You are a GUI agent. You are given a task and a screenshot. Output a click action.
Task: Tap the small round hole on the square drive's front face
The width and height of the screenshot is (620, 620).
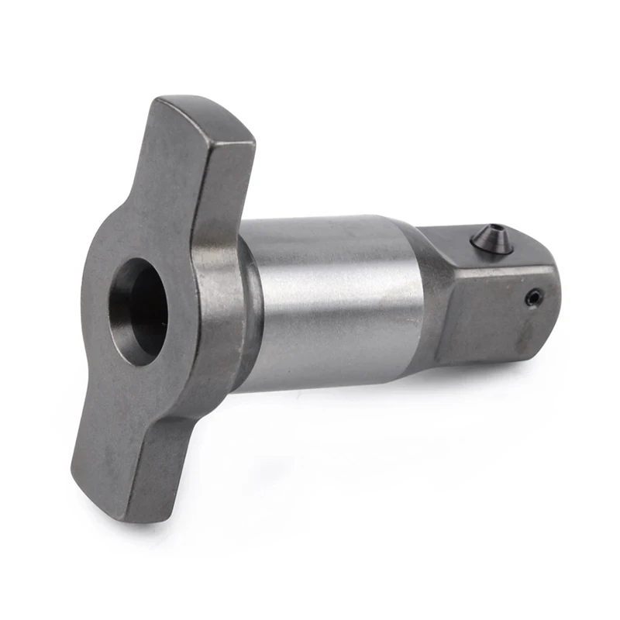(532, 296)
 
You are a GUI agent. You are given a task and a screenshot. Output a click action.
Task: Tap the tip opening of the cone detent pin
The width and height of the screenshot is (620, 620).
(494, 229)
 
